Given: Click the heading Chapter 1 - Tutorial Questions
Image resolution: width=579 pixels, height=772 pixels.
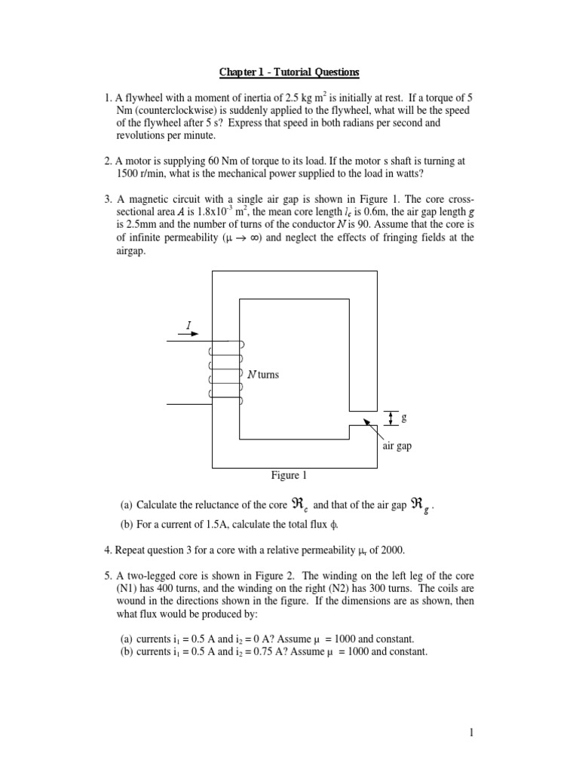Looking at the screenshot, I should (289, 72).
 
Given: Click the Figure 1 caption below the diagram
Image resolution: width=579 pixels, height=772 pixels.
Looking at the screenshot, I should (289, 476).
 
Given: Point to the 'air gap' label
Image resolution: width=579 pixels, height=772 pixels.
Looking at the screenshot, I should (397, 446).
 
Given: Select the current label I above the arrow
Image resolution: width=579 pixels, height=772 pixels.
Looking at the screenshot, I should (188, 326).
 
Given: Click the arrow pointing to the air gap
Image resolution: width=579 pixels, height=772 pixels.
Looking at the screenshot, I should (372, 430).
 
